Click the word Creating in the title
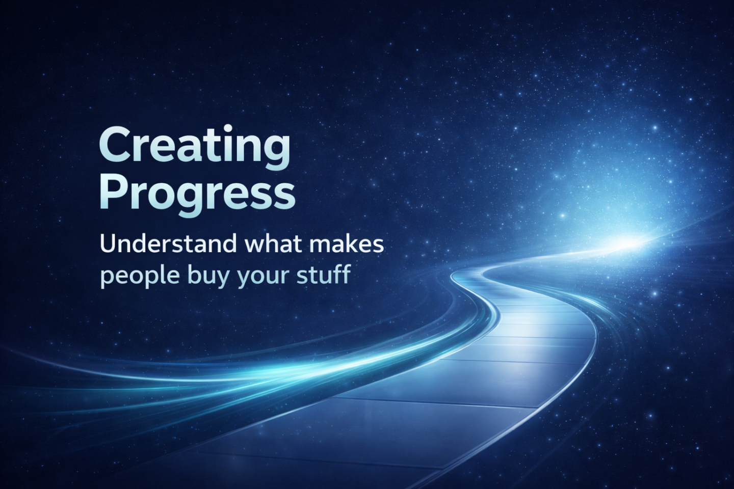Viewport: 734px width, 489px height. tap(195, 147)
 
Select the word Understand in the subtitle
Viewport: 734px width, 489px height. tap(168, 244)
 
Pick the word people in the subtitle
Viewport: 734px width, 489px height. tap(140, 275)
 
